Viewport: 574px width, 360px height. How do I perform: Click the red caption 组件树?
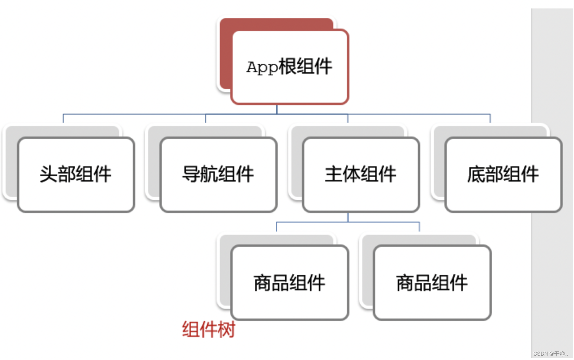(208, 329)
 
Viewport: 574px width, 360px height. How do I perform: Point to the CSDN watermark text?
(551, 354)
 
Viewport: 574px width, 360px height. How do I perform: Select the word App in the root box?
(262, 67)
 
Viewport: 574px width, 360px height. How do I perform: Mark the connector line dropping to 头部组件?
(63, 118)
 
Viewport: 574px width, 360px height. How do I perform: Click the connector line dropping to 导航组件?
(206, 118)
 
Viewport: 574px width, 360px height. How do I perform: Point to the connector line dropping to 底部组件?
(490, 118)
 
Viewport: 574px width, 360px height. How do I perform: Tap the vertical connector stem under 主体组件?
(348, 217)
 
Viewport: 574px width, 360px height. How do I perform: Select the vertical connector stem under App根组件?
(277, 109)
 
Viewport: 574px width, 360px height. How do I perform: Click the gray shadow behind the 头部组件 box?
(11, 161)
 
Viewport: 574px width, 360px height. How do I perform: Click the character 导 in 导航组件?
(191, 174)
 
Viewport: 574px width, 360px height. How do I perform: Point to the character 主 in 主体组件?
(333, 174)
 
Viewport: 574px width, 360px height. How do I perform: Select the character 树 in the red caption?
(226, 329)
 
